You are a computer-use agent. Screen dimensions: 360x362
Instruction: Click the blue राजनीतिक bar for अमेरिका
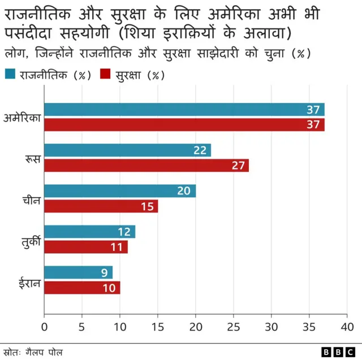tap(184, 110)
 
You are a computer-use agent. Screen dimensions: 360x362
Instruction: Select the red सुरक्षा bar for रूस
tap(146, 166)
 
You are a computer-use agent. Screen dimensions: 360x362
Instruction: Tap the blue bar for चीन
tap(120, 191)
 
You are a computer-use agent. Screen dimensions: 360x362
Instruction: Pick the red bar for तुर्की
tap(86, 247)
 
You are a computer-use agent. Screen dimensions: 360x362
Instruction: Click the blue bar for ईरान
tap(78, 272)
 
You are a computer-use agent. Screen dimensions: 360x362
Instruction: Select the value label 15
tap(147, 206)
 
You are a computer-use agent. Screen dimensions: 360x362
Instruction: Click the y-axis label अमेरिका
tap(21, 118)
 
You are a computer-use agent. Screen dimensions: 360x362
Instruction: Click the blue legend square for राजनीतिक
tap(10, 74)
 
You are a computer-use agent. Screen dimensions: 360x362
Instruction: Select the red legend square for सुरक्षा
tap(105, 74)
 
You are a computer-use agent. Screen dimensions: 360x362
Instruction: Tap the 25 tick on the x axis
tap(234, 327)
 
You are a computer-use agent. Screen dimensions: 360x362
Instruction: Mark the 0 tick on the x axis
tap(45, 327)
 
